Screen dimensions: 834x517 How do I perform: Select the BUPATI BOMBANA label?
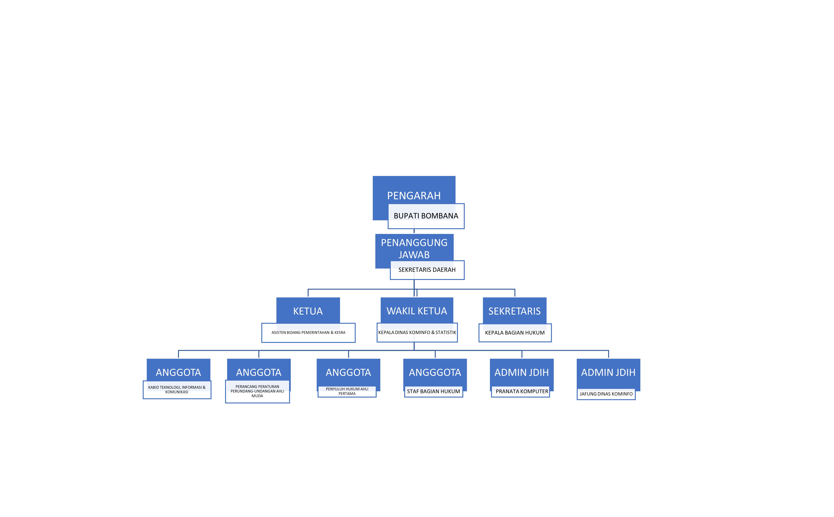tap(426, 216)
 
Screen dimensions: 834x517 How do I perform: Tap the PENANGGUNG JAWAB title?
tap(414, 249)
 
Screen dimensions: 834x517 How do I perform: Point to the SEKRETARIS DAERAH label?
tap(427, 270)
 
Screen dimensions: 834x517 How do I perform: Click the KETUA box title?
tap(308, 311)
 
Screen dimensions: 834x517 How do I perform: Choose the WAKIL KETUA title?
tap(417, 311)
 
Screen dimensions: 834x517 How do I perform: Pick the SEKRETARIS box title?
tap(514, 311)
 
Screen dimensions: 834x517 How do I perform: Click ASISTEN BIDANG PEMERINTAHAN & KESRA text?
tap(308, 332)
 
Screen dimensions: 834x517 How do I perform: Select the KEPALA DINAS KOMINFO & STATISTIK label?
tap(417, 332)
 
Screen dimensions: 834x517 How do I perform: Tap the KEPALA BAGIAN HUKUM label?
tap(515, 333)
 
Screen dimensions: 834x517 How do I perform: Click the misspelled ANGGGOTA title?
tap(435, 372)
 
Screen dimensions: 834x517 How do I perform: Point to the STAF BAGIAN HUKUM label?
tap(433, 391)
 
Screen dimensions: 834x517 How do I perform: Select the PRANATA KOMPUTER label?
tap(522, 391)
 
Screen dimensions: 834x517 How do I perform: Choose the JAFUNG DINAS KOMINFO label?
tap(606, 394)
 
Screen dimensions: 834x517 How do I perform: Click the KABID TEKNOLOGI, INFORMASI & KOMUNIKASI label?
tap(177, 389)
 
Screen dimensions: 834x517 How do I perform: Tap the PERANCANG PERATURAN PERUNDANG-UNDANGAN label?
tap(257, 391)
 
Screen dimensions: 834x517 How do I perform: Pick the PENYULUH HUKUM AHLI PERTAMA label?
tap(347, 391)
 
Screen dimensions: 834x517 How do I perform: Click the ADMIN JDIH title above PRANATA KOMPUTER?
tap(521, 372)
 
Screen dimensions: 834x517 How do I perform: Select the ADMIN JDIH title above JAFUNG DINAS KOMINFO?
tap(608, 372)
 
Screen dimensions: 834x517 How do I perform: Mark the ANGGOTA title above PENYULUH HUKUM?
tap(348, 372)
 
